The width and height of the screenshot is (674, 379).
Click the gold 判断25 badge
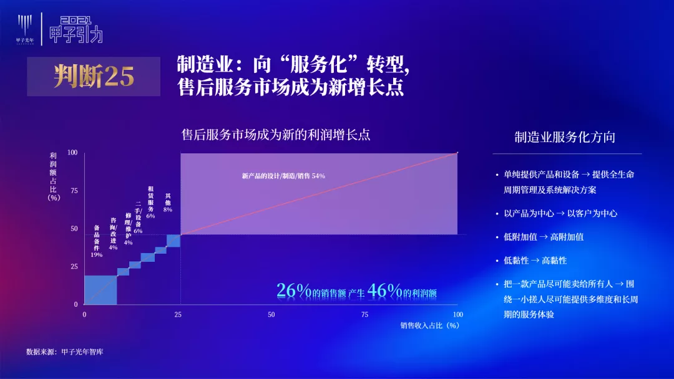click(x=94, y=77)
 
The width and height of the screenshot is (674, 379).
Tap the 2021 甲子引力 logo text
click(x=76, y=30)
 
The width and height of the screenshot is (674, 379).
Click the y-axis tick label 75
click(x=74, y=191)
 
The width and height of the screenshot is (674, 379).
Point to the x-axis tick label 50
click(x=271, y=315)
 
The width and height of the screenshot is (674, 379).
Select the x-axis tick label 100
click(x=458, y=315)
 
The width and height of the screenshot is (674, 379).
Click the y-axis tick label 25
click(x=74, y=267)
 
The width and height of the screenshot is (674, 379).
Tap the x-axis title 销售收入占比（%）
click(x=430, y=325)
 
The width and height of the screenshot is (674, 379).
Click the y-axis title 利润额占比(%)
click(x=53, y=176)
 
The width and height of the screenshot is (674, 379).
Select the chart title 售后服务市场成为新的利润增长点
click(x=276, y=135)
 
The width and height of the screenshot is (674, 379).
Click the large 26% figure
click(x=293, y=290)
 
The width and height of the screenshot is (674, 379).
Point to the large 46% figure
click(x=384, y=290)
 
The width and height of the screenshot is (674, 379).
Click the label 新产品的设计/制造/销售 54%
click(x=283, y=176)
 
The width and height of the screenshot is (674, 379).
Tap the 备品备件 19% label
click(x=97, y=241)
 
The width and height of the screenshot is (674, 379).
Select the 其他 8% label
click(x=168, y=203)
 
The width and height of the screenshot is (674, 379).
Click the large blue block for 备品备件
click(x=100, y=290)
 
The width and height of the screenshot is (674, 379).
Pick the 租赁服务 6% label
click(x=150, y=202)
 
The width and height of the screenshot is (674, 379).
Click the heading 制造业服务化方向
click(x=565, y=137)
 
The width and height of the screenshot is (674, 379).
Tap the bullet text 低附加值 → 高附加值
click(x=544, y=237)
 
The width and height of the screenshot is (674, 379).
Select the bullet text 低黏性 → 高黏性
click(x=535, y=261)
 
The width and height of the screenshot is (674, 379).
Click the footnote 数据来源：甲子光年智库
click(x=65, y=352)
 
